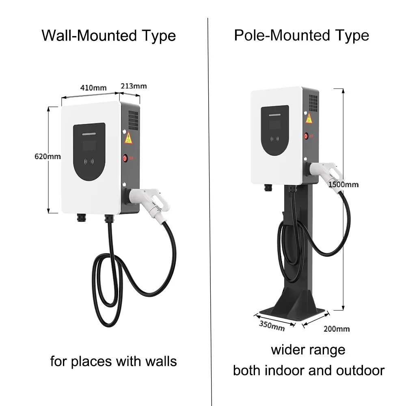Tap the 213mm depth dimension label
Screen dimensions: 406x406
click(134, 86)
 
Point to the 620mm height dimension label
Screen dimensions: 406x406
click(48, 156)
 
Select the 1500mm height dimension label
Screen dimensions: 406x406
click(344, 184)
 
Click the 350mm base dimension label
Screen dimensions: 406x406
click(272, 326)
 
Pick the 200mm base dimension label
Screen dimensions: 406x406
click(336, 328)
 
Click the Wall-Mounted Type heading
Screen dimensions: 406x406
click(109, 36)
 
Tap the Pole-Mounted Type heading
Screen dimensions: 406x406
click(301, 35)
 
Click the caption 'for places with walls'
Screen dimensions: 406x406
click(114, 361)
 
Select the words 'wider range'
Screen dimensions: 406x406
click(308, 350)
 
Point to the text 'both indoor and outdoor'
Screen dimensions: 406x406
click(309, 370)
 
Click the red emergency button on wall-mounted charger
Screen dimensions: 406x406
click(125, 157)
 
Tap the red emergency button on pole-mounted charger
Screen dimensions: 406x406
click(307, 136)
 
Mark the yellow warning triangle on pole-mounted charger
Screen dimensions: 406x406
click(309, 119)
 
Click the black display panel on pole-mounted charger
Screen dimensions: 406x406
click(274, 130)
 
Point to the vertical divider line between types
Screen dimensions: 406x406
click(208, 203)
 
